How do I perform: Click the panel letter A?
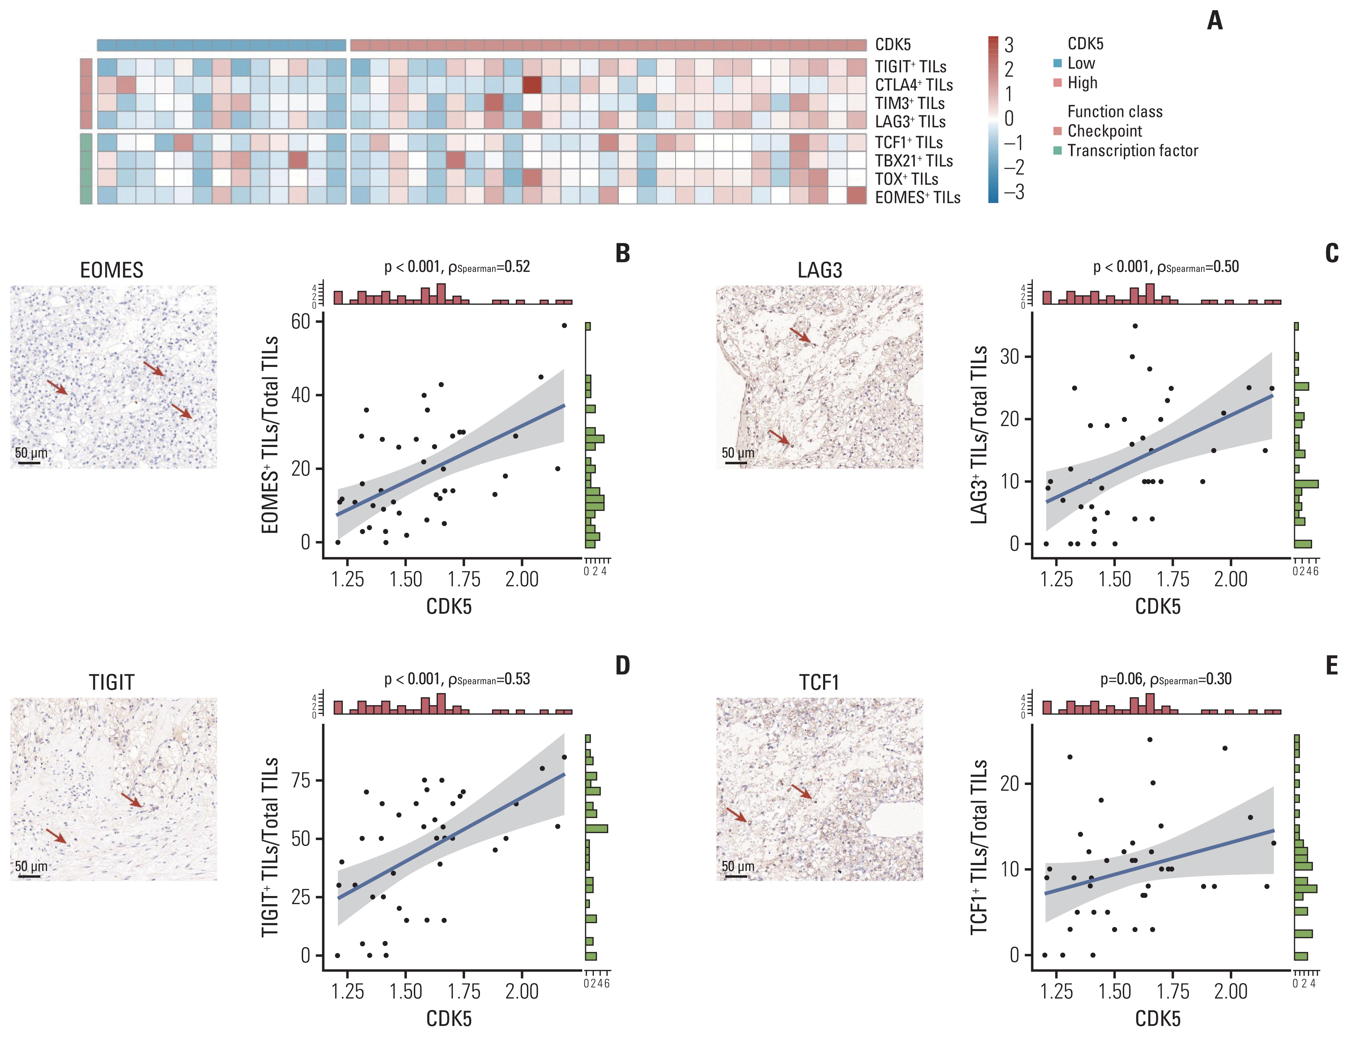tap(1214, 21)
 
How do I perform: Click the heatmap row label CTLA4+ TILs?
tap(913, 85)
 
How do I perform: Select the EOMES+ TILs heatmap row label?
tap(917, 197)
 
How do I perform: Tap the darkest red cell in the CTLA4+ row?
tap(532, 85)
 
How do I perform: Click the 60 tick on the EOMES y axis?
tap(301, 322)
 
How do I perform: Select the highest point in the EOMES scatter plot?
tap(563, 325)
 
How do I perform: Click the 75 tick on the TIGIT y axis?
tap(301, 780)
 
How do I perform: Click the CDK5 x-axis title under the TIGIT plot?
tap(449, 1019)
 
